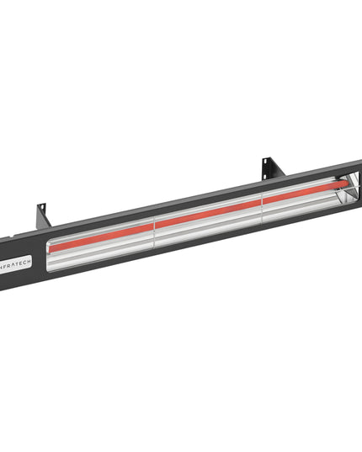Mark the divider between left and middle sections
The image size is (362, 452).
point(157,228)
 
